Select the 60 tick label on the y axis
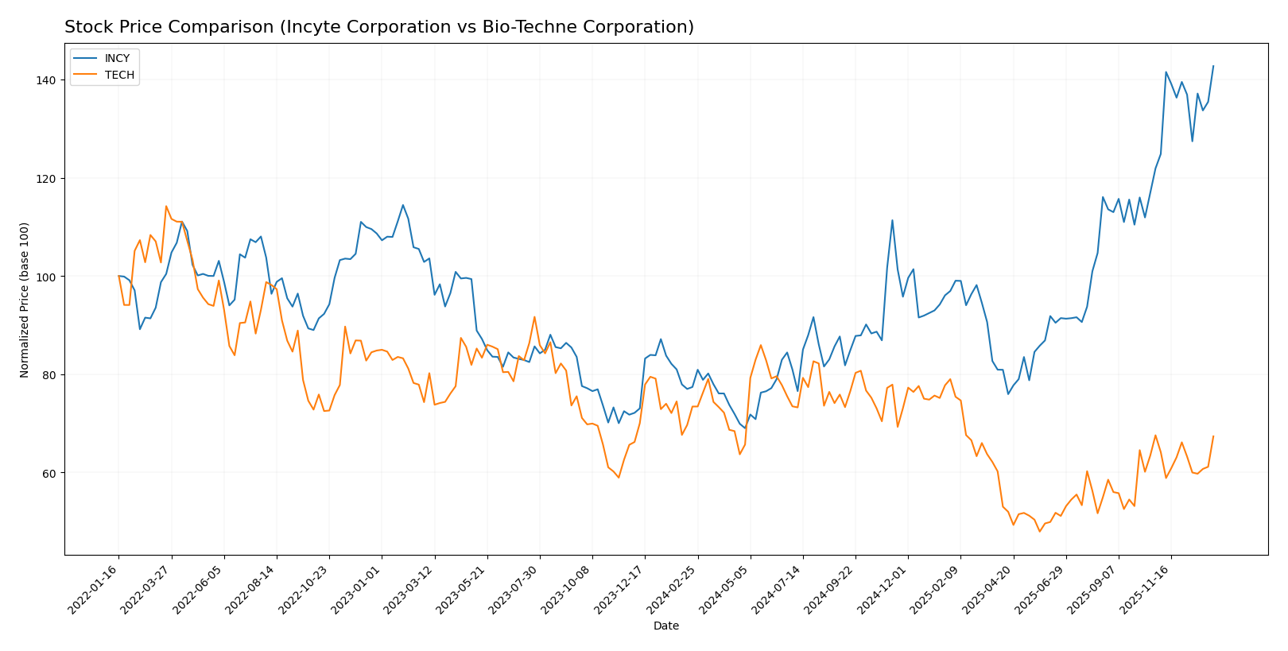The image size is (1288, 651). pos(48,473)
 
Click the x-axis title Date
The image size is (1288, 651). pos(665,626)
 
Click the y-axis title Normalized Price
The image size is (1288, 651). pos(25,300)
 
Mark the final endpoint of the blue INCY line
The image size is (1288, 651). pos(1213,66)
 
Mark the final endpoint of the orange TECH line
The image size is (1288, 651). pos(1213,436)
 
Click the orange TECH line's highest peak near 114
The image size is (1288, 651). pos(166,207)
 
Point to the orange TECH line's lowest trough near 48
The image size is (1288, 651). pos(1039,531)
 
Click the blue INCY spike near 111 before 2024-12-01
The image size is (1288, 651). pos(892,220)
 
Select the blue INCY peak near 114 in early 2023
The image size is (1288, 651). pos(403,205)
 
